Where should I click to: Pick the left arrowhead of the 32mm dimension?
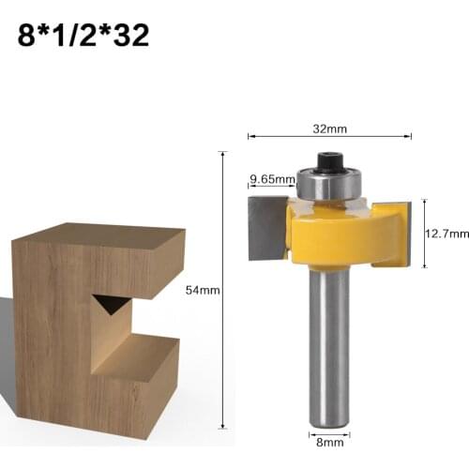[x=250, y=136]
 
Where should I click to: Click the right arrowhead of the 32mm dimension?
[x=410, y=136]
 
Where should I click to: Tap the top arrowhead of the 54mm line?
[x=222, y=154]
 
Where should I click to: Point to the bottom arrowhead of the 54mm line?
[x=222, y=427]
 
